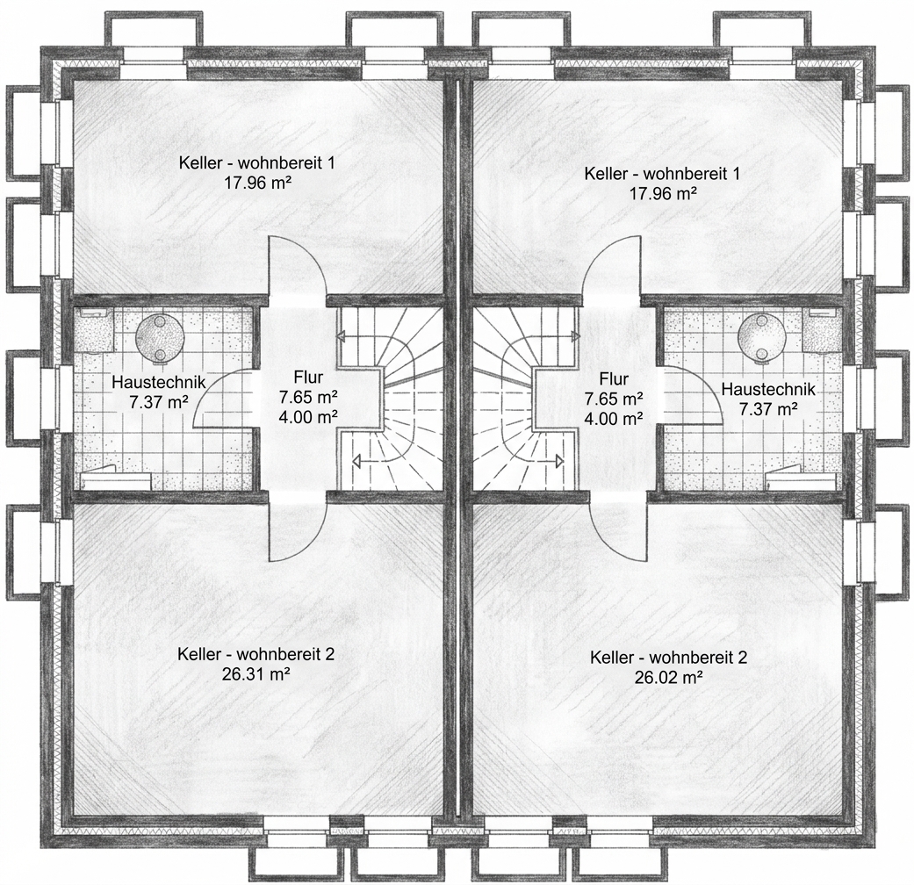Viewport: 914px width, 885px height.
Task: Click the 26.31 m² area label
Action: [x=255, y=674]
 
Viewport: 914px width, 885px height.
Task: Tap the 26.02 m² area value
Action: [x=668, y=678]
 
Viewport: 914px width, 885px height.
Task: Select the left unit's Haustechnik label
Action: [x=159, y=383]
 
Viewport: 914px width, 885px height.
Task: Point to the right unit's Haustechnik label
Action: [x=768, y=389]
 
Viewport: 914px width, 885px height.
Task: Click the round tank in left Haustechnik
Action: [x=161, y=337]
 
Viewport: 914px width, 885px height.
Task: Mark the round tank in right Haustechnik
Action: [x=762, y=338]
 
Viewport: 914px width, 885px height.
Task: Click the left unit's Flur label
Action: [x=308, y=378]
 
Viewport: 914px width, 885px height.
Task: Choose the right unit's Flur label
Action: [x=614, y=379]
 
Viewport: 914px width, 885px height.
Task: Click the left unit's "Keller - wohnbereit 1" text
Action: [x=256, y=162]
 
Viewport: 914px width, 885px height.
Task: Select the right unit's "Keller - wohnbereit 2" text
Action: [x=668, y=658]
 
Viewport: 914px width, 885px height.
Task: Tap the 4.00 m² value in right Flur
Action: [x=614, y=418]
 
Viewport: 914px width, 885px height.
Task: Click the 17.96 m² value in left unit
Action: [x=257, y=183]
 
